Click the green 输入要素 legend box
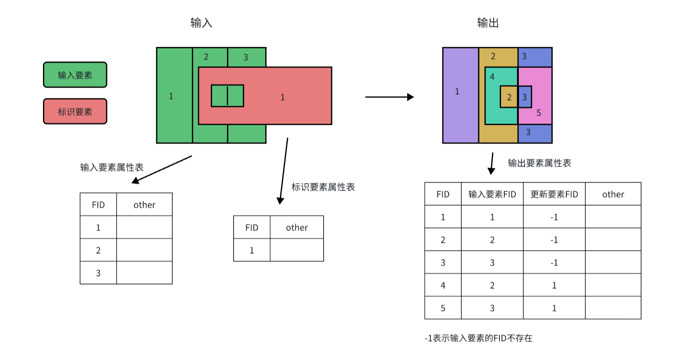[x=75, y=75]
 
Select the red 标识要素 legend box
[x=75, y=111]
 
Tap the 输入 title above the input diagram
[x=201, y=23]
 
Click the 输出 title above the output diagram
[x=488, y=23]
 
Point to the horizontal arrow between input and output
[x=389, y=97]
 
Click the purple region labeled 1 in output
[x=460, y=95]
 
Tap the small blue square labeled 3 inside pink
[x=525, y=97]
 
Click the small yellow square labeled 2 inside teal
[x=509, y=97]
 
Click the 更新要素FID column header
[x=554, y=194]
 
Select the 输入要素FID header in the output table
[x=492, y=194]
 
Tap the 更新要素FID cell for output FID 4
[x=554, y=285]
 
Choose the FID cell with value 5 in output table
[x=443, y=308]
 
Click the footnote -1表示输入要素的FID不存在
[x=478, y=338]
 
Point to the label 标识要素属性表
[x=323, y=187]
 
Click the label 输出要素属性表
[x=539, y=163]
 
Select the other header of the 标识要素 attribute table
[x=297, y=227]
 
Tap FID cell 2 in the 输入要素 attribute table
[x=98, y=250]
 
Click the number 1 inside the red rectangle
[x=282, y=97]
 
